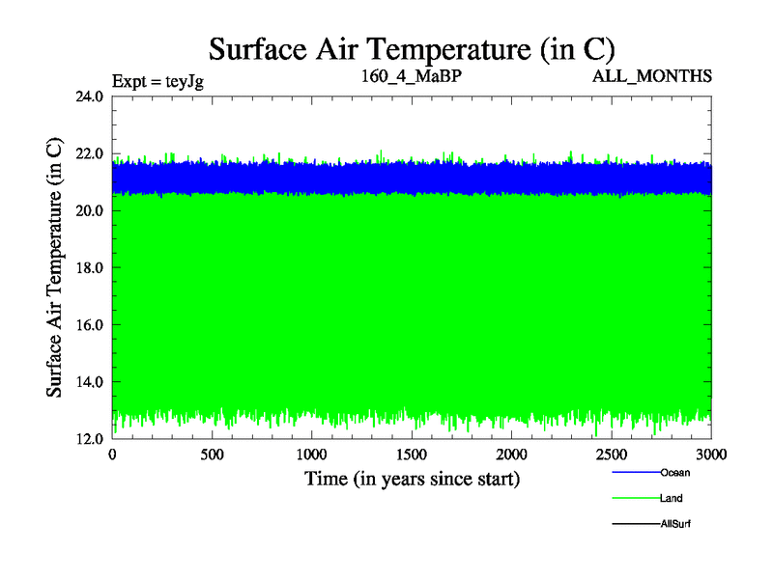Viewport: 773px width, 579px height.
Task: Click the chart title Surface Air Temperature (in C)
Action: (413, 47)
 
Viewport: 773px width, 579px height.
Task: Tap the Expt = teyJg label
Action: (158, 80)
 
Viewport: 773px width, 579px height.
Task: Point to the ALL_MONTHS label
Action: (653, 75)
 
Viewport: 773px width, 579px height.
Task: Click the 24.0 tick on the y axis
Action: (90, 96)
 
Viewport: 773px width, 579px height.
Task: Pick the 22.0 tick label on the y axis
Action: (90, 153)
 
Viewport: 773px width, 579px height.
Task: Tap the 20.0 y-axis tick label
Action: (90, 210)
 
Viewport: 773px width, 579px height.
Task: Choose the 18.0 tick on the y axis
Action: (90, 267)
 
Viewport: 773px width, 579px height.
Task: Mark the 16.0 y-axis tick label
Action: (90, 324)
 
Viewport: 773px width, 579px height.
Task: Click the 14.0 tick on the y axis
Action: (90, 381)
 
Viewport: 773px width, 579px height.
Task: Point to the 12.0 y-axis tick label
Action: (90, 438)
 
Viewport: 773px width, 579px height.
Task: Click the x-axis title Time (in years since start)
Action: (413, 479)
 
